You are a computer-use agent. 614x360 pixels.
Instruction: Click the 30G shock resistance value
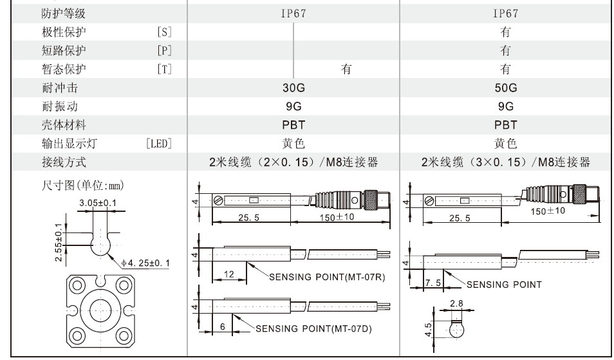tap(293, 88)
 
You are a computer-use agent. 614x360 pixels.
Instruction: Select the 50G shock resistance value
tap(504, 88)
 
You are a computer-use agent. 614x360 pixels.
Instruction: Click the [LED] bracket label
tap(162, 142)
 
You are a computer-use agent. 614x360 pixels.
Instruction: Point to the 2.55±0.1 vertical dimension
tap(59, 238)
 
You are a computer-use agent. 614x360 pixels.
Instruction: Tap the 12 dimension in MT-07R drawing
tap(228, 274)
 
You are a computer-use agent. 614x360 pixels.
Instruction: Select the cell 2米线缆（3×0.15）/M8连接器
tap(505, 161)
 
